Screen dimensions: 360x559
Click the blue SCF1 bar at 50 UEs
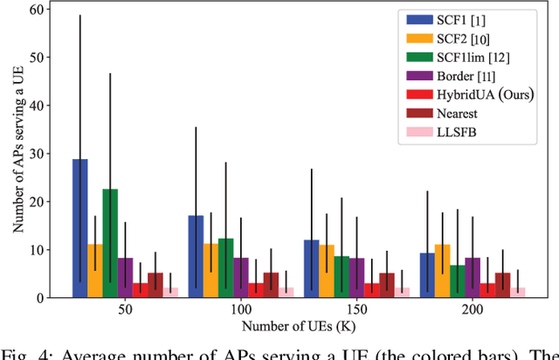79,228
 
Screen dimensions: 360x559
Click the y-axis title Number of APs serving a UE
18,153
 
